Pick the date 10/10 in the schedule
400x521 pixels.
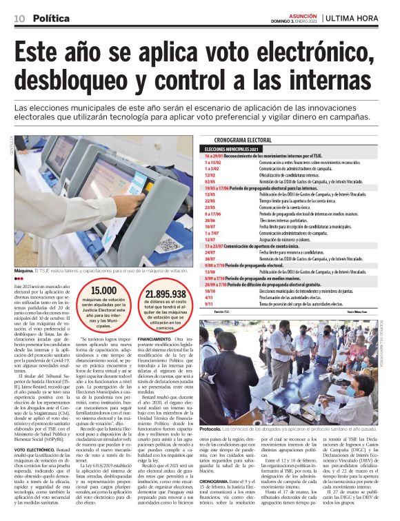(210, 291)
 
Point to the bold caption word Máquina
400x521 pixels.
(24, 271)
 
